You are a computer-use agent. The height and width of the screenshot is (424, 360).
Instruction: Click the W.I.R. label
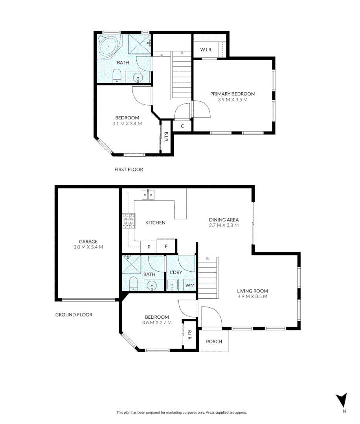(x=206, y=49)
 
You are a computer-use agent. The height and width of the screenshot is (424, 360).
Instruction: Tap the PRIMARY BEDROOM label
(x=233, y=94)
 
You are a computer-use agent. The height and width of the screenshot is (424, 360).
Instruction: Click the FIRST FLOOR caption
(x=129, y=170)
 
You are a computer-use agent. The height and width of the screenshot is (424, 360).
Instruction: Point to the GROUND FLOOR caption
(x=73, y=314)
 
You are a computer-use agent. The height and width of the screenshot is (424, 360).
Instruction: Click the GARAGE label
(x=88, y=241)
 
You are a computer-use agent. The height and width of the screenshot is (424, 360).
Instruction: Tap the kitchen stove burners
(x=129, y=221)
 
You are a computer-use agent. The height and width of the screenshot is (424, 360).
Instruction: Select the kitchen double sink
(x=149, y=194)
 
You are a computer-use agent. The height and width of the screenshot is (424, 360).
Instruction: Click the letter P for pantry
(x=149, y=247)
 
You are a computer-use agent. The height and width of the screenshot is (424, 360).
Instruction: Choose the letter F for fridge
(x=166, y=247)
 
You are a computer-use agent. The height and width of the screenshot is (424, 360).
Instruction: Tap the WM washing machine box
(x=189, y=285)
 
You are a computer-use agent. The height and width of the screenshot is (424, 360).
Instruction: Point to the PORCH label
(x=214, y=342)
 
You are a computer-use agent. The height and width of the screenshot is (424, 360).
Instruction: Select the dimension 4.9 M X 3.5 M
(x=252, y=296)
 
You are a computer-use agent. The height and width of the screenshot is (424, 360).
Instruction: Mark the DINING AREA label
(x=224, y=220)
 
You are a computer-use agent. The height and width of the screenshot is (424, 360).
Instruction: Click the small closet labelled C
(x=183, y=126)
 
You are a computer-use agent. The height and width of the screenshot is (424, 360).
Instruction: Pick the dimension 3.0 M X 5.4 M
(x=88, y=247)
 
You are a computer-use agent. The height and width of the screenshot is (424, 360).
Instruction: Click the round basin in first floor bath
(x=138, y=78)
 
